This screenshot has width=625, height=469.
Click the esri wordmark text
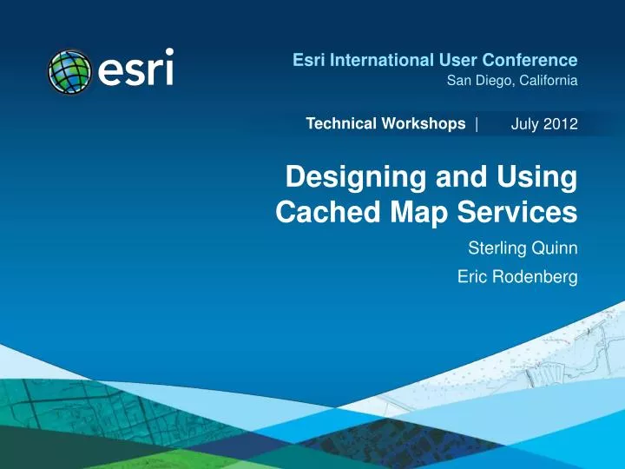[x=135, y=68]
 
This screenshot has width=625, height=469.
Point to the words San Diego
[x=477, y=82]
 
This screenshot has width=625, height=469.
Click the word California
[x=547, y=82]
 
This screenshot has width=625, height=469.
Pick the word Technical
[x=339, y=124]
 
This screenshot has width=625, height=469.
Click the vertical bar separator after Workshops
[x=477, y=124]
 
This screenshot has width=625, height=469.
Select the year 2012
[x=561, y=125]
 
